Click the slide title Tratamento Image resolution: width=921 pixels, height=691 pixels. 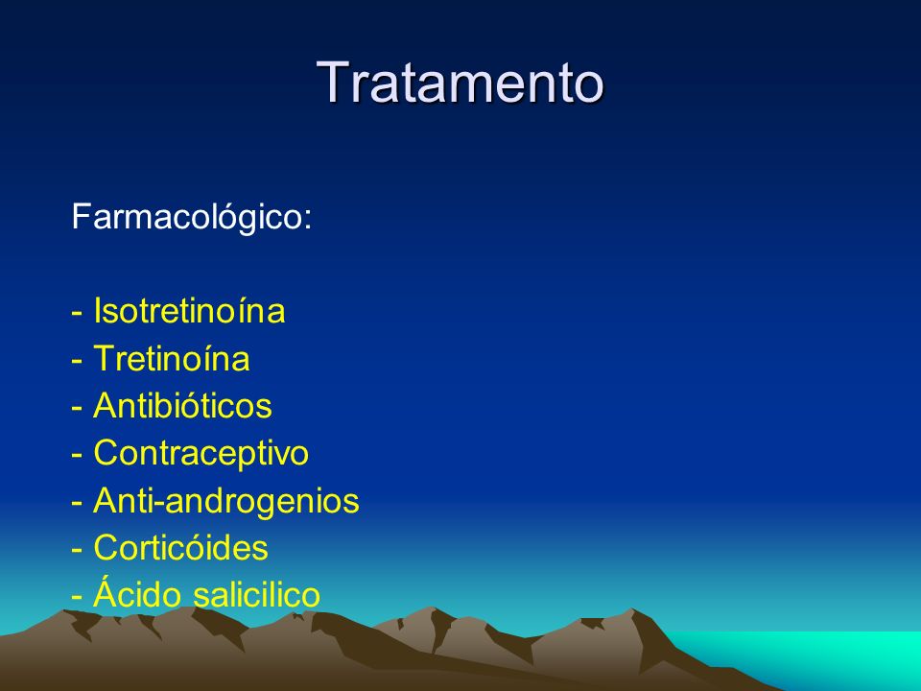pos(460,83)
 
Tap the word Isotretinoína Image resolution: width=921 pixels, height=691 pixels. pos(189,310)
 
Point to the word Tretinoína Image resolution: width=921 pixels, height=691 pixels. pos(172,358)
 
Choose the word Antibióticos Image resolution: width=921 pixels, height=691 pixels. pos(182,405)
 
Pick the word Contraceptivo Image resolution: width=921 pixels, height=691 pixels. pos(201,454)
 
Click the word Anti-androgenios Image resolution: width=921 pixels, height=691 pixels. pos(226,501)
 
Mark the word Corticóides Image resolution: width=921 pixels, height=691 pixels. pos(181,548)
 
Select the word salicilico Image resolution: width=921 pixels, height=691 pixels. pos(257,595)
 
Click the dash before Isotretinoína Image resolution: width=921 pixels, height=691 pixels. pos(77,313)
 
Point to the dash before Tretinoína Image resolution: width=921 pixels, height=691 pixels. pos(77,361)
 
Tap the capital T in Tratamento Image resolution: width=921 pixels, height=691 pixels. pos(332,83)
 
